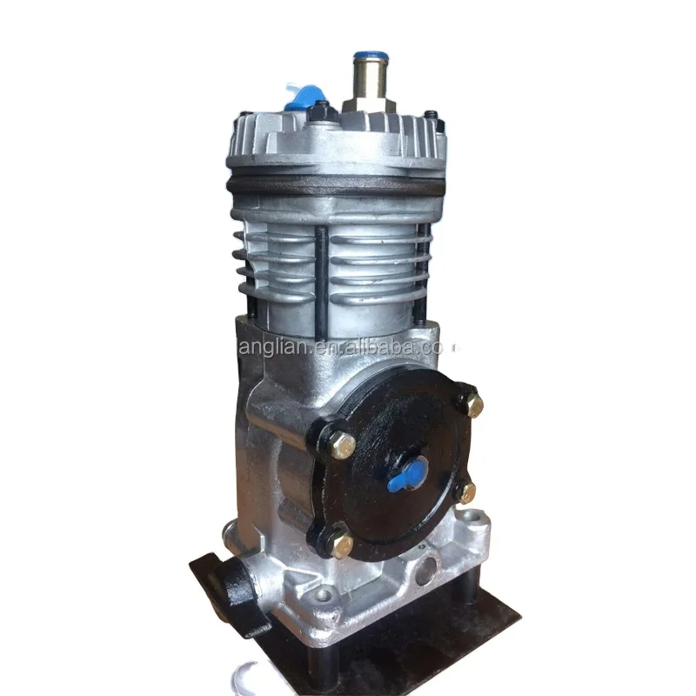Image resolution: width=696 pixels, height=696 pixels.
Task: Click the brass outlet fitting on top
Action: click(x=367, y=84)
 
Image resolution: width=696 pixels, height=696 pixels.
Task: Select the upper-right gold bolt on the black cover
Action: click(x=472, y=403)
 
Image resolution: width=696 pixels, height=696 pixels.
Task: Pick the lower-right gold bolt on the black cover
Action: click(x=467, y=492)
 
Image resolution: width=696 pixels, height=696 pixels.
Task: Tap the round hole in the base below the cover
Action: click(x=426, y=570)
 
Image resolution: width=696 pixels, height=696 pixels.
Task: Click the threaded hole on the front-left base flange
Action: click(x=325, y=597)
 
